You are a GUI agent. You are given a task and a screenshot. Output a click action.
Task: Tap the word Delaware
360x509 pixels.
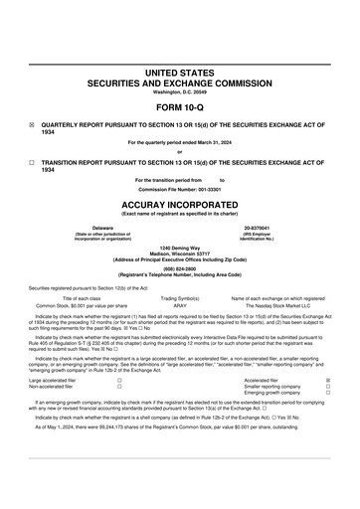pos(95,228)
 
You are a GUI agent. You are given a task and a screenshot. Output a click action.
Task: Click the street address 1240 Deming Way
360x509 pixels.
pos(180,247)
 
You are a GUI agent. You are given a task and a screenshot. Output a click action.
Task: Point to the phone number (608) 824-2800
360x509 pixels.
pos(180,268)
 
